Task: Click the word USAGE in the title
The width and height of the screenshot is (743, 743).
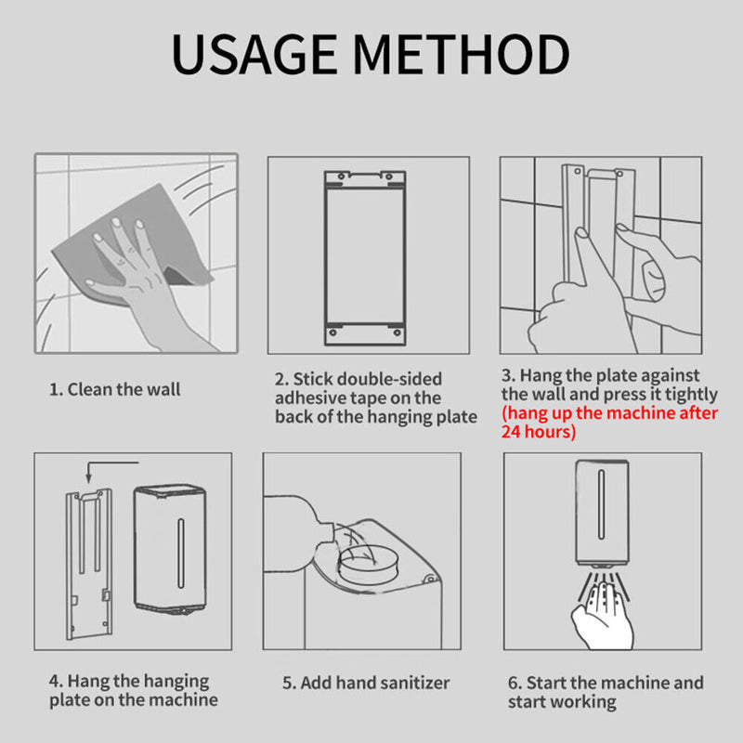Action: coord(254,54)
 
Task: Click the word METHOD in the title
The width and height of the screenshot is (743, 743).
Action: coord(462,54)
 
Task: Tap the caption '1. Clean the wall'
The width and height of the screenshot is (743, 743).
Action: coord(114,389)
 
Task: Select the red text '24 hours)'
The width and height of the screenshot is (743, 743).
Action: coord(539,432)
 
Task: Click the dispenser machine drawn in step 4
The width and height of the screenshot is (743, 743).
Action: coord(170,549)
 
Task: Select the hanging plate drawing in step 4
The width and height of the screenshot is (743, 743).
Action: coord(89,564)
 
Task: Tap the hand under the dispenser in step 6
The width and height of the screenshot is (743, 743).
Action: coord(602,616)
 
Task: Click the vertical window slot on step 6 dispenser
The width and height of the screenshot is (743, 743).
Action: coord(601,504)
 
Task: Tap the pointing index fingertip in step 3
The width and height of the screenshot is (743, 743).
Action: coord(581,233)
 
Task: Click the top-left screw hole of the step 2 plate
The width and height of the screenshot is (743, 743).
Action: coord(341,176)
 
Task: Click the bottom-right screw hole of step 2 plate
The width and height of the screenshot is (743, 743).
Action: coord(398,332)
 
